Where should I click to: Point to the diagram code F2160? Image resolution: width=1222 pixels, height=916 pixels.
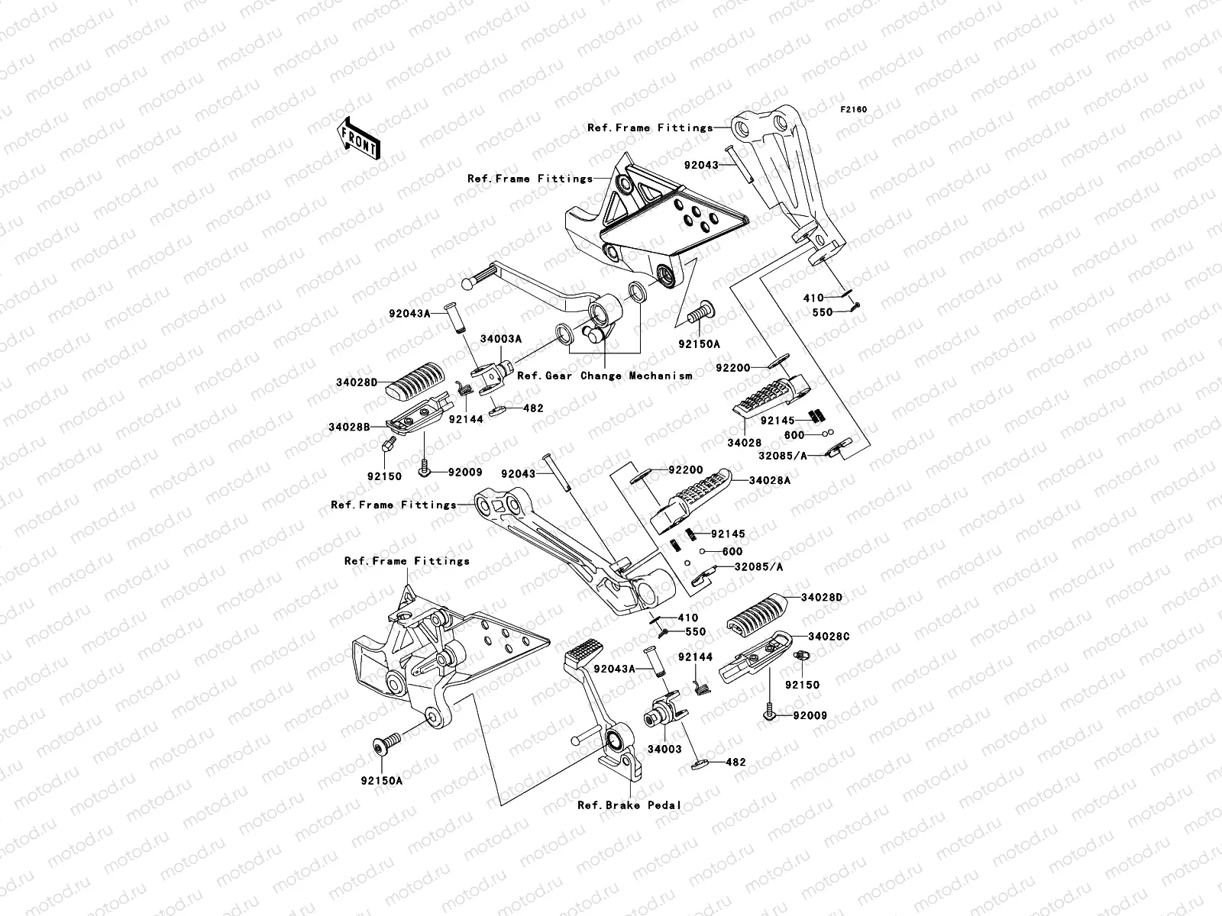[854, 110]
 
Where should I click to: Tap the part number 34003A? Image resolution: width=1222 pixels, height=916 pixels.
[501, 338]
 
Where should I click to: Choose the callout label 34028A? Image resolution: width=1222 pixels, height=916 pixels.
[769, 480]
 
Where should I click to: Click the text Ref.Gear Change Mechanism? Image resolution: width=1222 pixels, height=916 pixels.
[605, 376]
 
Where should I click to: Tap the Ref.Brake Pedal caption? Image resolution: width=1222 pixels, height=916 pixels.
[629, 805]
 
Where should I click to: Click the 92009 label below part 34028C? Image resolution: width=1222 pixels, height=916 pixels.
[810, 716]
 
